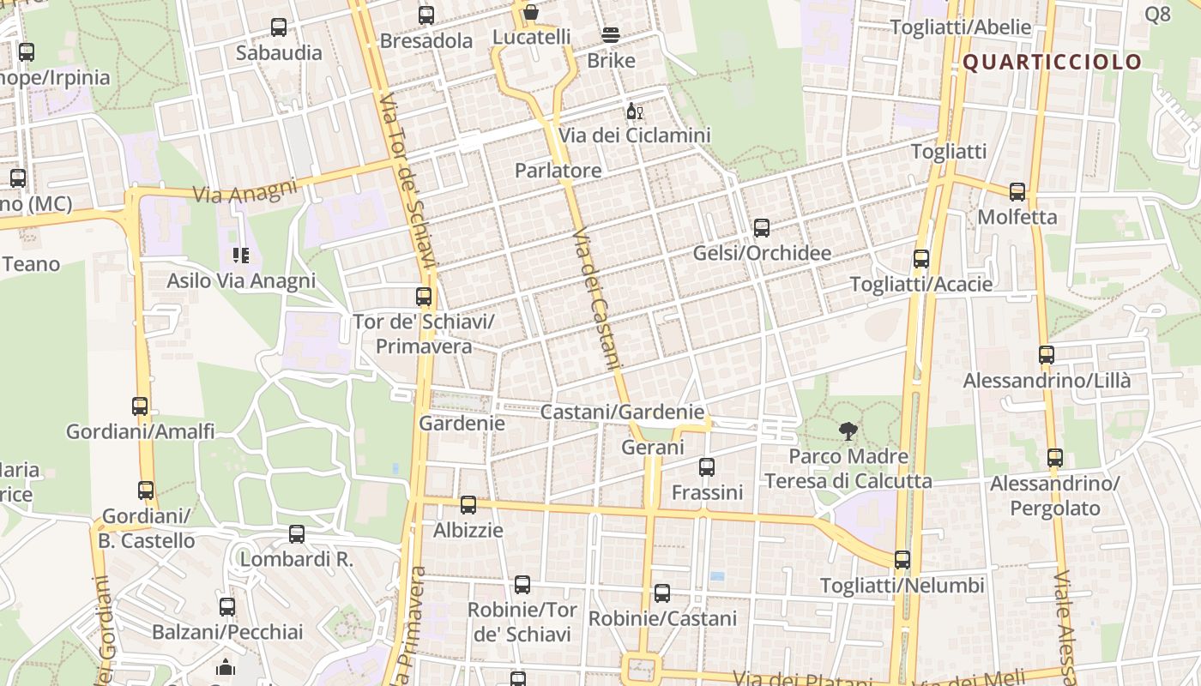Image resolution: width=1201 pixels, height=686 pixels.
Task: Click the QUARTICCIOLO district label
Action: point(1052,62)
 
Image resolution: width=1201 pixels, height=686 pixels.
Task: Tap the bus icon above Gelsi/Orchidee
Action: point(761,228)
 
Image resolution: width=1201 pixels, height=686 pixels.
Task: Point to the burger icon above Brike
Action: point(611,35)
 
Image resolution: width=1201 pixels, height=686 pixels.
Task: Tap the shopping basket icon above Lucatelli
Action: point(531,12)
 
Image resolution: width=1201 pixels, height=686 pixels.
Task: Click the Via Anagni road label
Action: point(244,191)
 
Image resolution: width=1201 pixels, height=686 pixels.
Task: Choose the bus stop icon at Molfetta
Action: point(1017,191)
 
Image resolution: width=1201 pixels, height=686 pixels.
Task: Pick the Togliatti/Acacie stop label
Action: point(920,284)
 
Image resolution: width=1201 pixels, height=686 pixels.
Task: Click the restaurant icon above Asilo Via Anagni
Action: point(241,255)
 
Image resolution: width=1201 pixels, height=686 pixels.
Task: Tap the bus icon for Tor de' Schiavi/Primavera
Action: point(424,297)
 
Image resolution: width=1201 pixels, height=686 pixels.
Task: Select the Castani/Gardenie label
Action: point(622,412)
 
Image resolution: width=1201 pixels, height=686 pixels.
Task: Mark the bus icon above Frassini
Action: point(706,467)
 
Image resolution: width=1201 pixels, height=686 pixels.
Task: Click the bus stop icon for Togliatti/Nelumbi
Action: point(902,560)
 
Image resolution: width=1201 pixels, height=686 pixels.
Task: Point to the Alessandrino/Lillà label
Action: point(1047,380)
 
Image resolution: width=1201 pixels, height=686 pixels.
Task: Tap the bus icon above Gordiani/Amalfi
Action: point(140,406)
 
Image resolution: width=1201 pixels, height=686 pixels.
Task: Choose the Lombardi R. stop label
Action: point(296,559)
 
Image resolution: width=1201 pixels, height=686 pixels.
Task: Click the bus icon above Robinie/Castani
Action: point(662,593)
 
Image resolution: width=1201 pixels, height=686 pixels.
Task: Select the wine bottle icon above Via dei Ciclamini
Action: point(635,111)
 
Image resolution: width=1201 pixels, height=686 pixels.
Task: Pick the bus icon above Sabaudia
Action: point(279,27)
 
